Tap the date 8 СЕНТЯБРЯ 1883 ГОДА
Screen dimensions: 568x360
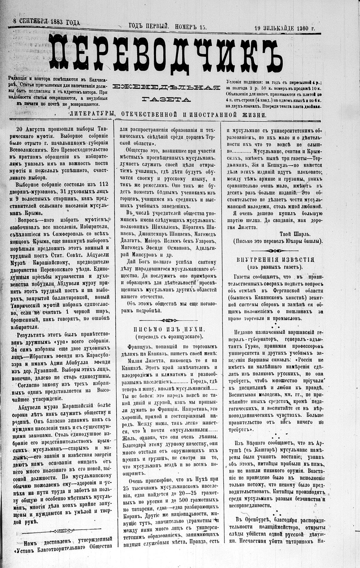click(x=46, y=21)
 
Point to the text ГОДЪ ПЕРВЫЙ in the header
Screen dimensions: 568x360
click(x=149, y=26)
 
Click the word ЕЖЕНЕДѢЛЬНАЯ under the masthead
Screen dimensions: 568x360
click(x=166, y=87)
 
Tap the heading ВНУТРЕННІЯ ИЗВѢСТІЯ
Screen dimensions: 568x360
click(x=276, y=260)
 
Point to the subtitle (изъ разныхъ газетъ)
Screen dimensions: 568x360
click(x=276, y=267)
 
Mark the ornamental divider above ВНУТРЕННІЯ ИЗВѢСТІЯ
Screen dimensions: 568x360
click(x=276, y=251)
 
